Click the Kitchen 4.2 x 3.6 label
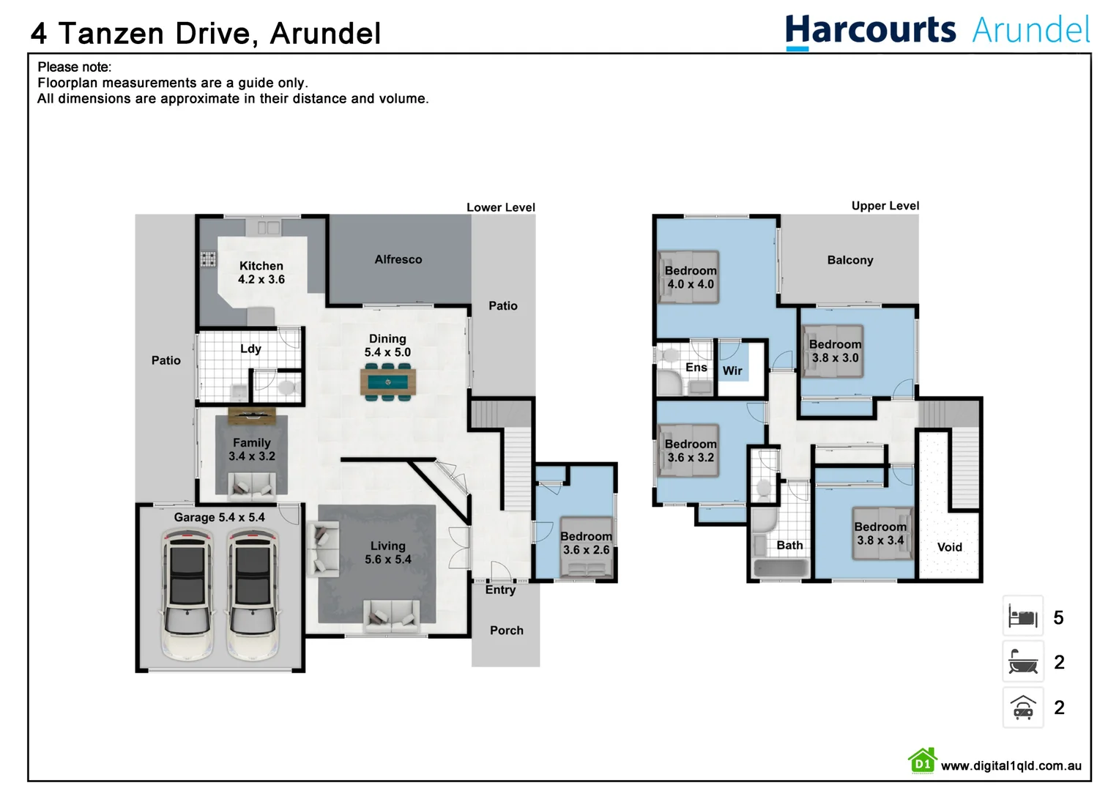pyautogui.click(x=261, y=272)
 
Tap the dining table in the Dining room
pyautogui.click(x=387, y=382)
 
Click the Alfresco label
pyautogui.click(x=398, y=259)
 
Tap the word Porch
pyautogui.click(x=506, y=630)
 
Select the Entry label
pyautogui.click(x=500, y=590)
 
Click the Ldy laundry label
pyautogui.click(x=250, y=349)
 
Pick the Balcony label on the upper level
pyautogui.click(x=850, y=260)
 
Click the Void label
pyautogui.click(x=949, y=547)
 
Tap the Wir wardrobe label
pyautogui.click(x=732, y=371)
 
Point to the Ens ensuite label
pyautogui.click(x=696, y=367)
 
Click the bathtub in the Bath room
pyautogui.click(x=781, y=568)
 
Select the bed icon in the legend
pyautogui.click(x=1022, y=617)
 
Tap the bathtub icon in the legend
pyautogui.click(x=1022, y=662)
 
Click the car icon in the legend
pyautogui.click(x=1022, y=708)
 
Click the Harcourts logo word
pyautogui.click(x=870, y=31)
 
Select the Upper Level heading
pyautogui.click(x=885, y=206)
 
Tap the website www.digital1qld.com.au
pyautogui.click(x=1011, y=765)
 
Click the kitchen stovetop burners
pyautogui.click(x=209, y=259)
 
